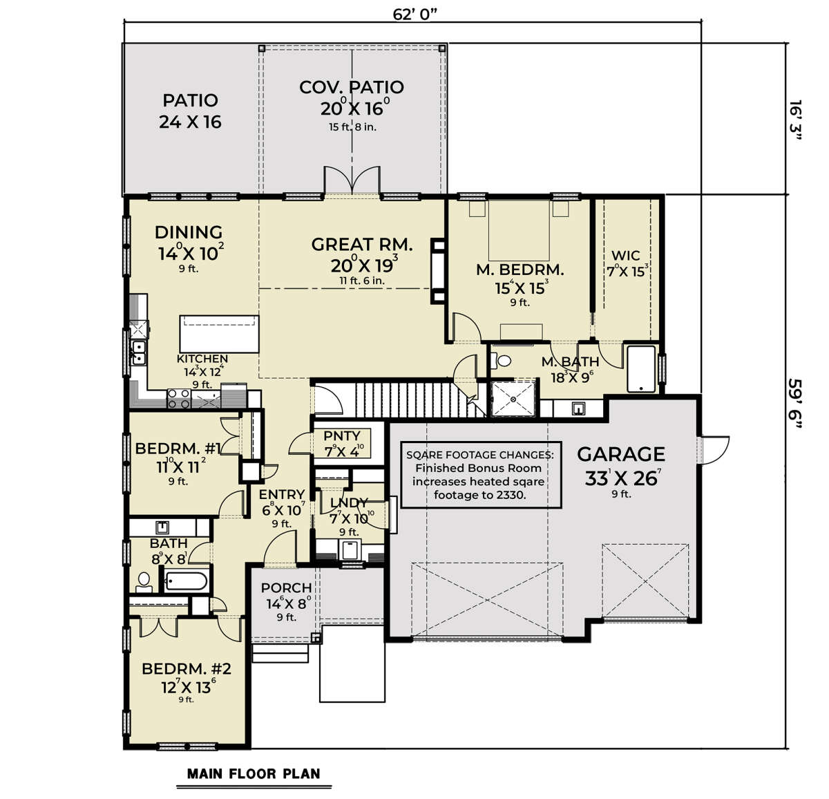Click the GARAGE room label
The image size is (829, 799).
[x=620, y=454]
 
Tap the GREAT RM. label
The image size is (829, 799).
[x=362, y=245]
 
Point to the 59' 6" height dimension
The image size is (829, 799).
[x=795, y=403]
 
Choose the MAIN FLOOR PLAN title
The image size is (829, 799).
[x=254, y=773]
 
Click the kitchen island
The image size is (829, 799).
[x=219, y=334]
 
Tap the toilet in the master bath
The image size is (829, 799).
[x=501, y=361]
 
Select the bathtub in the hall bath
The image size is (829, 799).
[x=186, y=581]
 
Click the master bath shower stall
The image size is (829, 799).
[x=513, y=399]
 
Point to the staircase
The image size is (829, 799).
[x=419, y=399]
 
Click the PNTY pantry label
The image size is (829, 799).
[x=342, y=435]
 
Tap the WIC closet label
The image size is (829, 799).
[x=625, y=255]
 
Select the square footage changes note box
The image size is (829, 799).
[x=481, y=475]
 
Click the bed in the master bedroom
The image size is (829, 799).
[x=519, y=230]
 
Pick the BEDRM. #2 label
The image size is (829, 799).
[x=186, y=668]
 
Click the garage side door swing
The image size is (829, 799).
[x=715, y=450]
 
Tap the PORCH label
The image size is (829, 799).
[x=286, y=587]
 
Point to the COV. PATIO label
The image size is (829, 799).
[x=352, y=87]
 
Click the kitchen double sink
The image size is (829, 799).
[x=138, y=352]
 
